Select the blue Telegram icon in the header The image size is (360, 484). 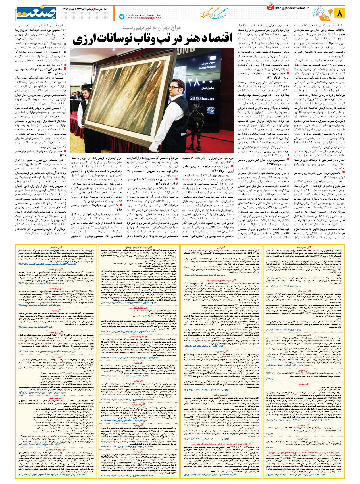(x=122, y=17)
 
